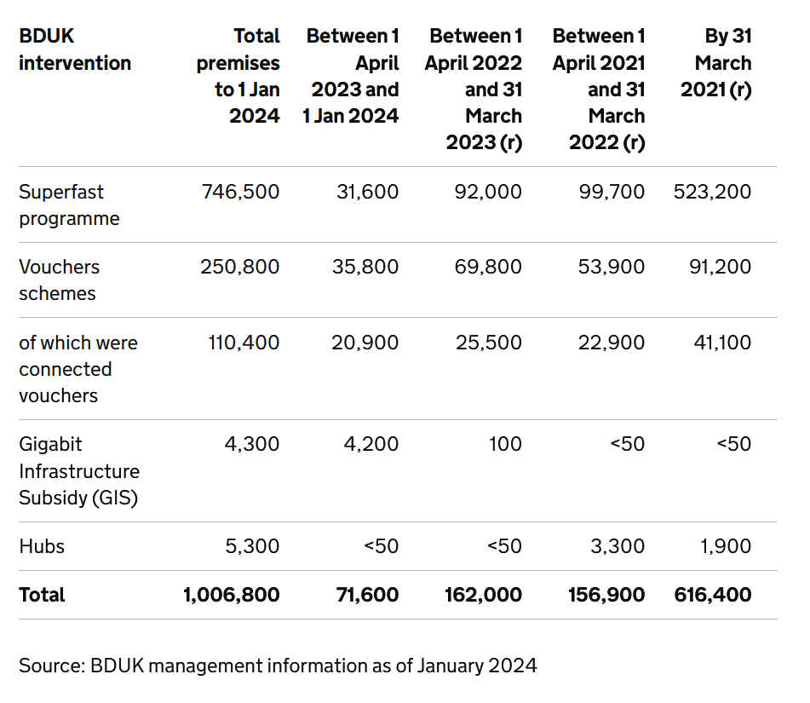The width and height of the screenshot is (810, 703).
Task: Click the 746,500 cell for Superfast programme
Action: [240, 192]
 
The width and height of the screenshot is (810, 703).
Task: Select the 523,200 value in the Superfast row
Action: [712, 192]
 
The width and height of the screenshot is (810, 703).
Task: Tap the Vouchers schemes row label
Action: [60, 280]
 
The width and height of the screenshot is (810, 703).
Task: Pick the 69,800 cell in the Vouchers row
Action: [488, 267]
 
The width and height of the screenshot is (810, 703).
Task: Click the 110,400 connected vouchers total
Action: [244, 343]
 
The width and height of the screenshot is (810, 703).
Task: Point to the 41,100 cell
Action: [723, 343]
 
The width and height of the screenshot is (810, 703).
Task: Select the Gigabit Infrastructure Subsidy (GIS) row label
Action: [79, 471]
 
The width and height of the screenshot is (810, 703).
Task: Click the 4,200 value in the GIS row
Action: [371, 444]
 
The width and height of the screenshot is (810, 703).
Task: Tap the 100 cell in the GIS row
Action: [506, 444]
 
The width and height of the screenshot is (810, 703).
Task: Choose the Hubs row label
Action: [42, 546]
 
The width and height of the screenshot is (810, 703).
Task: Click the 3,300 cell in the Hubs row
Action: [618, 546]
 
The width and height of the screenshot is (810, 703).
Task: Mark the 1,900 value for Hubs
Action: [726, 546]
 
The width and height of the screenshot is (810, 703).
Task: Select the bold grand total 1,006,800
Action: [232, 595]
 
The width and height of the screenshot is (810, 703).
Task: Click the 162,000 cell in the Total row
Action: [484, 595]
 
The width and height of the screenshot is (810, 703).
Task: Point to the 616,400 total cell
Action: [713, 595]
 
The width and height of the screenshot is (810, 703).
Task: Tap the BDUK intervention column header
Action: [75, 49]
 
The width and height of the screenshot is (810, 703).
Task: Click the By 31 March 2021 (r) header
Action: [716, 62]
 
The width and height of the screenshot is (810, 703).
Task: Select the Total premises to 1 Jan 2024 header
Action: [238, 76]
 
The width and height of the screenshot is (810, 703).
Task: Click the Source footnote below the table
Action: [278, 666]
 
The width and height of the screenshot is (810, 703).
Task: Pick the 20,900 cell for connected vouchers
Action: [365, 343]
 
